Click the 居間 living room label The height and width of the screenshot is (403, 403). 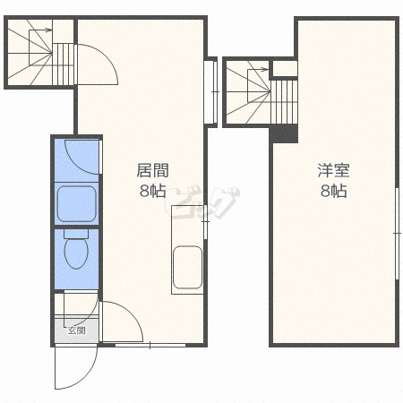coord(152,170)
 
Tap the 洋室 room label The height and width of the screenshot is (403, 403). coord(333,170)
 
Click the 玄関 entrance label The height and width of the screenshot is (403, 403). coord(77,330)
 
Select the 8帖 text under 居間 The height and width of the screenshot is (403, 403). coord(152,191)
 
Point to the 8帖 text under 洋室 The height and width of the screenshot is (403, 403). coord(333,191)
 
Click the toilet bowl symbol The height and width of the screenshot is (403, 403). coord(76,253)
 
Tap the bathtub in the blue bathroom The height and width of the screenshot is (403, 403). coord(77,203)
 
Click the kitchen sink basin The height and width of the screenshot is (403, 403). coord(187,267)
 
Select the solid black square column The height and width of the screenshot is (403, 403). coord(284,133)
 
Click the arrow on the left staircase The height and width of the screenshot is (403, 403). coord(40,30)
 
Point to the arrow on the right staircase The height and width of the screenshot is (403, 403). coord(259,70)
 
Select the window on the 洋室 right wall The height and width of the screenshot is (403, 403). coord(397,233)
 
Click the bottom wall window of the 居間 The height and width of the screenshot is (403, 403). coord(150,346)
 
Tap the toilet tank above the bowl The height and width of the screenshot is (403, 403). coord(76,234)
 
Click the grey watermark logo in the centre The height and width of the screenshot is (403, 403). coord(202,203)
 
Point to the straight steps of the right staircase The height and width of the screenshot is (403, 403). coord(284,101)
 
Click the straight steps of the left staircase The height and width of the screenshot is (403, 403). coord(64,64)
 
